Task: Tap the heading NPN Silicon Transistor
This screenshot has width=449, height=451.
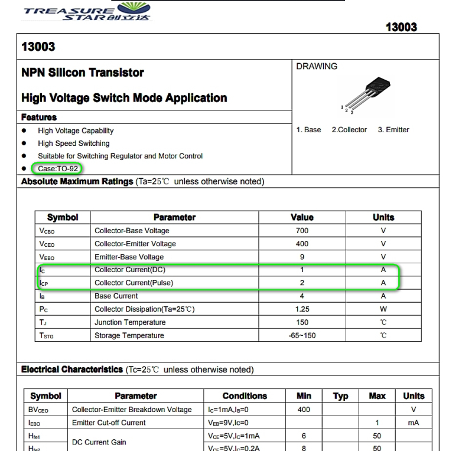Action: [83, 73]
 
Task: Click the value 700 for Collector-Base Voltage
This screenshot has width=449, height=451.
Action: [302, 231]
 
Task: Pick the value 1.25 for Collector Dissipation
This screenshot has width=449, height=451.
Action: [302, 309]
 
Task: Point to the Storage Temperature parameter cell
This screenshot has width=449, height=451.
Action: [129, 335]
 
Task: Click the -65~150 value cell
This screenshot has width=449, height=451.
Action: [302, 335]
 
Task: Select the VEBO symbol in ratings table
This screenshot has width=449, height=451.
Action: [48, 257]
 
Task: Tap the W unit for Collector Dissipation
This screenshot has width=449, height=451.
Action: [383, 309]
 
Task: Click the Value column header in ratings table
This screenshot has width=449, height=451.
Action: [302, 217]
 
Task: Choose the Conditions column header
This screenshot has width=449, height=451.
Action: [245, 396]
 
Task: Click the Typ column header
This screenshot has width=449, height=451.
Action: [341, 396]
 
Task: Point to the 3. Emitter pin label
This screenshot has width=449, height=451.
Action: [393, 130]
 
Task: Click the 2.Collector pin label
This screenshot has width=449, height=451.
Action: [349, 130]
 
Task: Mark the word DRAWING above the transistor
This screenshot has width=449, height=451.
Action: [317, 67]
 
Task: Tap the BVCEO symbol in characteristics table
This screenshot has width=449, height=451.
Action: [43, 410]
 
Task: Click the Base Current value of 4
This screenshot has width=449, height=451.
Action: [302, 296]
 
